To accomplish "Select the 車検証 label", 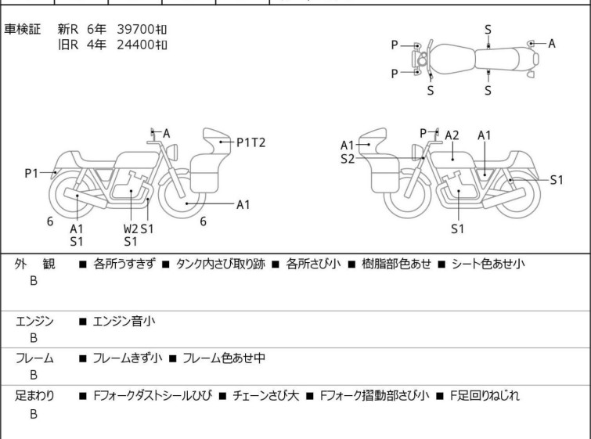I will tap(23, 29).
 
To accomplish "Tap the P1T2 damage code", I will tap(251, 142).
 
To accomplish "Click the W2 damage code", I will tap(129, 228).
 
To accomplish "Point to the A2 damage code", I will tap(452, 135).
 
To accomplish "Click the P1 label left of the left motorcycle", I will tap(31, 173).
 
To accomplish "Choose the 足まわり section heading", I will tap(34, 396).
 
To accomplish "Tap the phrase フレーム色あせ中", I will tap(224, 358).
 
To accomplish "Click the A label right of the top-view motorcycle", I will tap(552, 44).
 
